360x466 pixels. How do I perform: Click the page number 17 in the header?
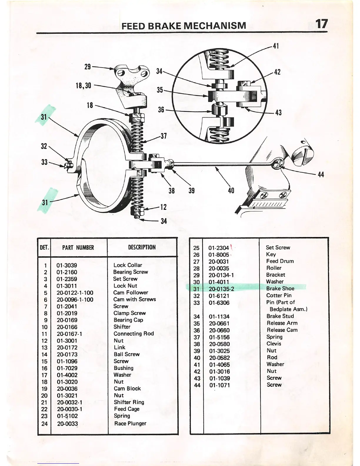pyautogui.click(x=321, y=24)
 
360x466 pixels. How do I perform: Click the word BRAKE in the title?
pyautogui.click(x=164, y=26)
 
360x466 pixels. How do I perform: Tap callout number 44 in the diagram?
pyautogui.click(x=321, y=174)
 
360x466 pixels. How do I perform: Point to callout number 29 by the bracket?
pyautogui.click(x=88, y=67)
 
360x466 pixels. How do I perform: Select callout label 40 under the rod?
pyautogui.click(x=231, y=191)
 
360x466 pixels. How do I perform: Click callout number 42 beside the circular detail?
pyautogui.click(x=277, y=72)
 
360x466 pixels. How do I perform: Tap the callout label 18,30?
pyautogui.click(x=84, y=86)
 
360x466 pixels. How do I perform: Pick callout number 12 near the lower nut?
pyautogui.click(x=164, y=207)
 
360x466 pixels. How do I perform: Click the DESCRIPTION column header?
pyautogui.click(x=142, y=247)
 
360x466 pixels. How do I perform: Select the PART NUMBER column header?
pyautogui.click(x=78, y=248)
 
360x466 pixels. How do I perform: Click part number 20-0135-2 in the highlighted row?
pyautogui.click(x=221, y=289)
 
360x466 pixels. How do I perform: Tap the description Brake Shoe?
pyautogui.click(x=280, y=289)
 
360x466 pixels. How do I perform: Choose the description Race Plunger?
pyautogui.click(x=130, y=424)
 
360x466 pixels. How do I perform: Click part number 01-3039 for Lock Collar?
pyautogui.click(x=67, y=265)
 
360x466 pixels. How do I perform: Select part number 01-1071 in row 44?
pyautogui.click(x=219, y=385)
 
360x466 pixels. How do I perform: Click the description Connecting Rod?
pyautogui.click(x=134, y=334)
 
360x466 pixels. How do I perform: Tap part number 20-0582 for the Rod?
pyautogui.click(x=219, y=358)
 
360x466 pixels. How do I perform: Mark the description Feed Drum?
pyautogui.click(x=280, y=261)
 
